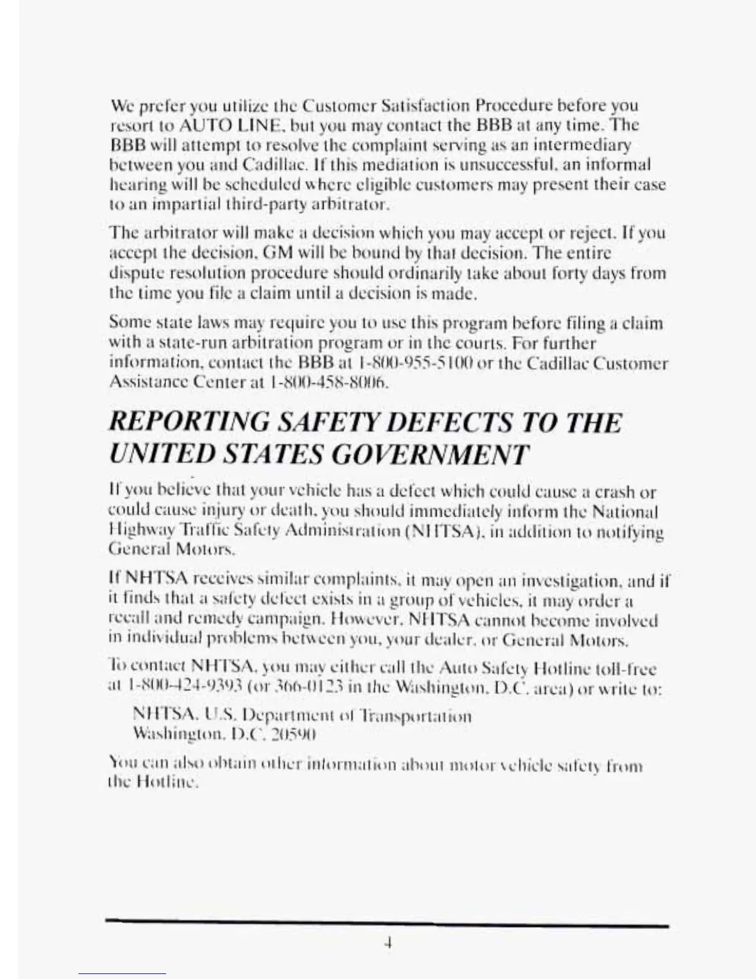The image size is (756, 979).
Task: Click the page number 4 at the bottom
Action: [x=388, y=943]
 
